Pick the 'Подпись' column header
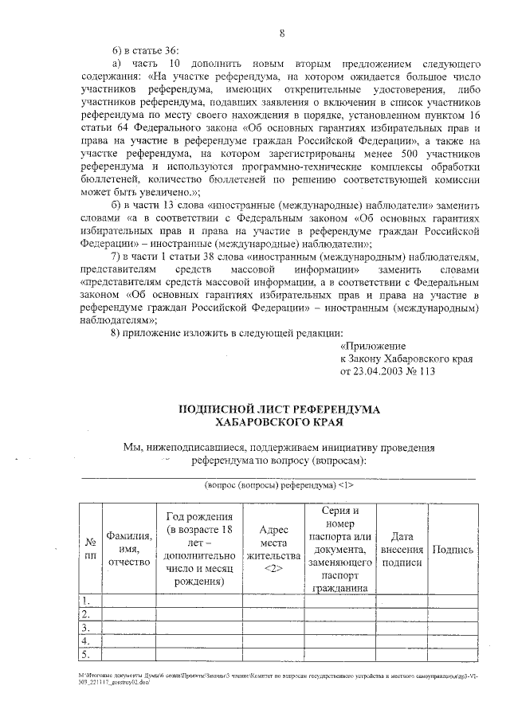coord(452,549)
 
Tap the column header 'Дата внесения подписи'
coord(402,549)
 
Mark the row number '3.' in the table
coord(85,627)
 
